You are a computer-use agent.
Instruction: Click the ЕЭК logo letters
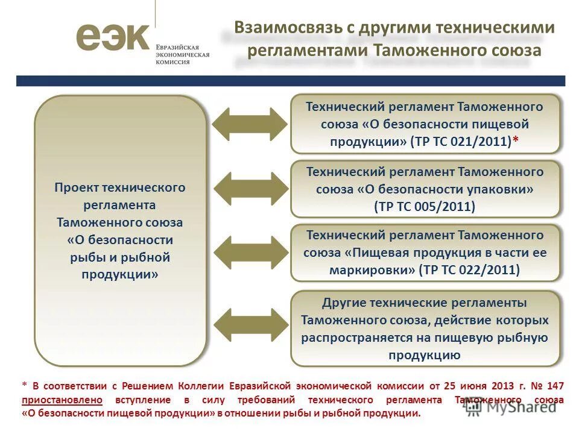pyautogui.click(x=112, y=37)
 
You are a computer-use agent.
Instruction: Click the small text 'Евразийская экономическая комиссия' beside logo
pyautogui.click(x=182, y=54)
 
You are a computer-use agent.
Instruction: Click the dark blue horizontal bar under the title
pyautogui.click(x=290, y=81)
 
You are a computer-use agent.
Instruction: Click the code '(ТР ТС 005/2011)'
pyautogui.click(x=425, y=206)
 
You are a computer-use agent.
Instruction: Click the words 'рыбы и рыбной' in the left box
pyautogui.click(x=120, y=257)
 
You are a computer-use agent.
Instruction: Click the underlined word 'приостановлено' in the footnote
pyautogui.click(x=62, y=400)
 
